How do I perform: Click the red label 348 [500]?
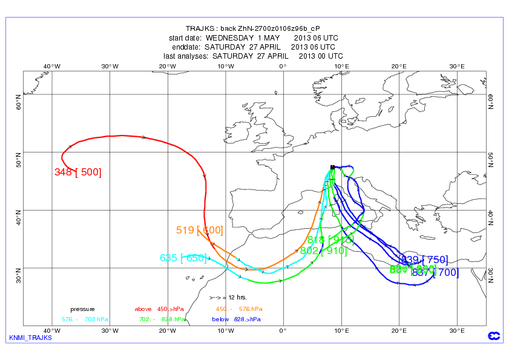click(77, 172)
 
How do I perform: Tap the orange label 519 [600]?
click(199, 230)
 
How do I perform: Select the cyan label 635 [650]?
click(183, 258)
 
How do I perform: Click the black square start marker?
click(332, 167)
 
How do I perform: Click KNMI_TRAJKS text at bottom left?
click(30, 338)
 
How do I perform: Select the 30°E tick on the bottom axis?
click(457, 330)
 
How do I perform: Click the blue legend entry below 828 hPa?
click(236, 319)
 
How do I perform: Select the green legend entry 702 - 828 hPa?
click(161, 319)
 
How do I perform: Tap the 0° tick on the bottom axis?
click(283, 330)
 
